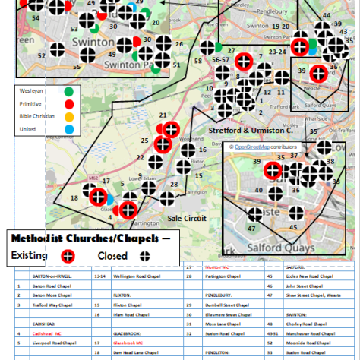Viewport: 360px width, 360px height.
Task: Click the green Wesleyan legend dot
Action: pos(70,90)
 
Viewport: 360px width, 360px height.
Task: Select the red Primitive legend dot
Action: pos(70,103)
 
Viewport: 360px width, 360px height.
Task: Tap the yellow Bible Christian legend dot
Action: pos(70,116)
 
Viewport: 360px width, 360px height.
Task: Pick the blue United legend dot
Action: pos(70,129)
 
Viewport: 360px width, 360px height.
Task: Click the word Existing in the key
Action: pos(29,255)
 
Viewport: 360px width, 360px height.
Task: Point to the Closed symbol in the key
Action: pos(147,255)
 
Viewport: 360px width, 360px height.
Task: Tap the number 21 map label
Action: pos(163,115)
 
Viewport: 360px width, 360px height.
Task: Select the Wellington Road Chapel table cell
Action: pos(137,277)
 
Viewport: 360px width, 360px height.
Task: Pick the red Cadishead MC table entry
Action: pos(47,333)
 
